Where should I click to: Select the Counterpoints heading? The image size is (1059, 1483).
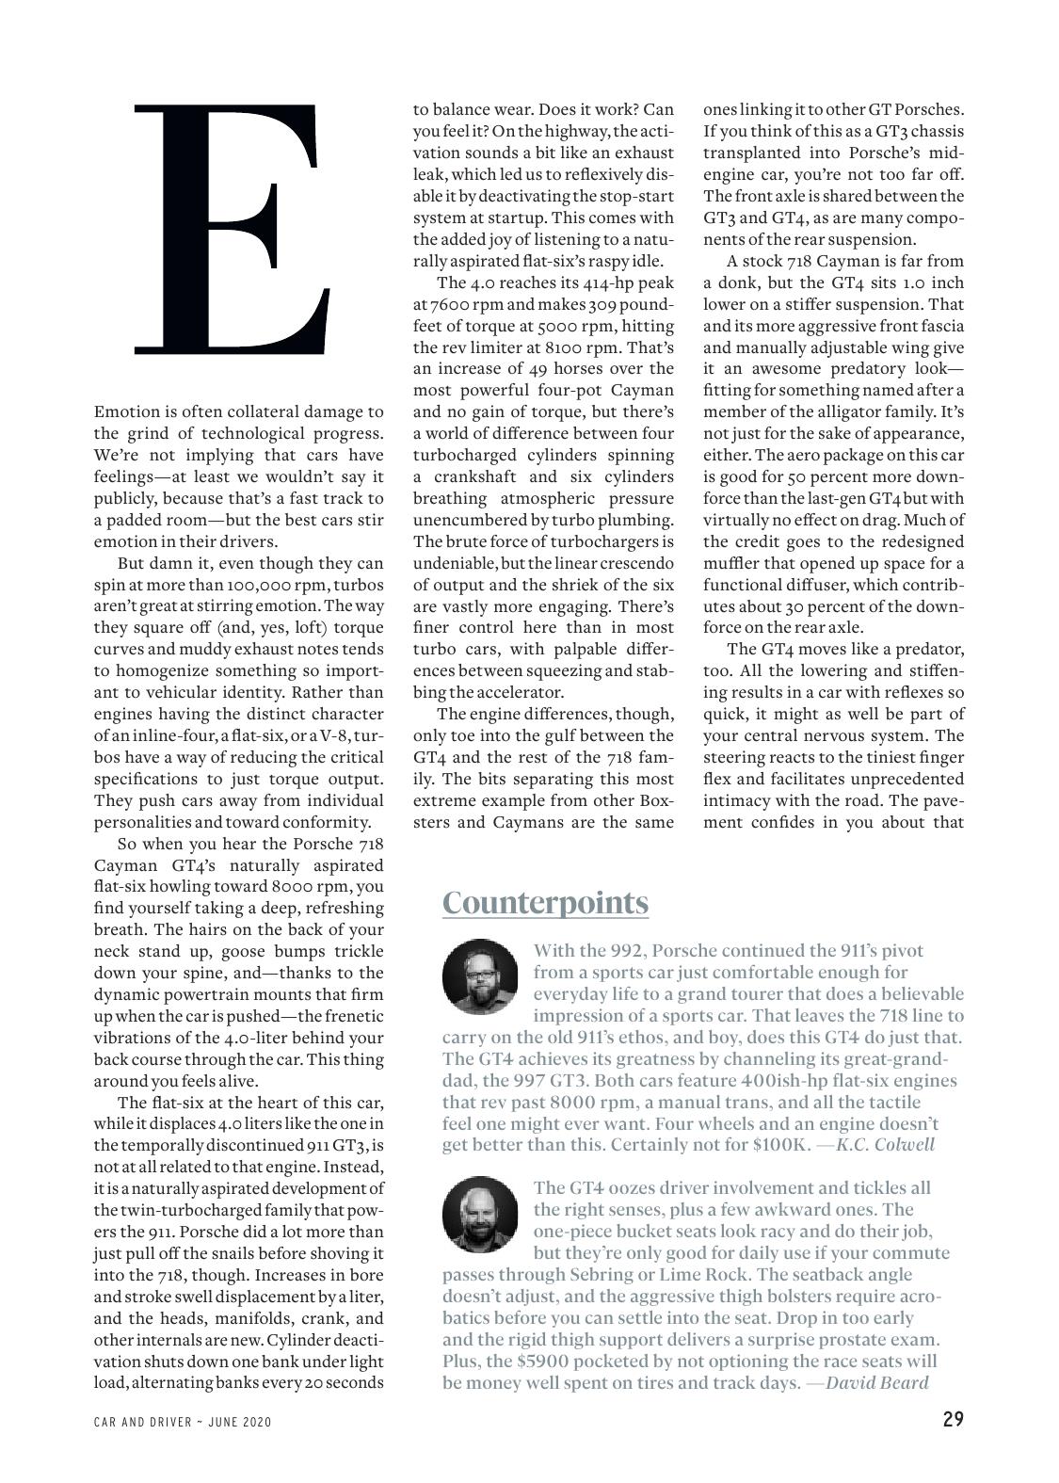click(545, 902)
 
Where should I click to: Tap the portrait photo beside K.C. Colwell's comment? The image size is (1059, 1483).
click(480, 975)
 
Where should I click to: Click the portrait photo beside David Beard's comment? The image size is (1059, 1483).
click(480, 1214)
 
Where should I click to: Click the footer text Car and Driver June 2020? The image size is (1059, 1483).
click(183, 1422)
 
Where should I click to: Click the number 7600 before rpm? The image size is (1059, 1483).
click(449, 305)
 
